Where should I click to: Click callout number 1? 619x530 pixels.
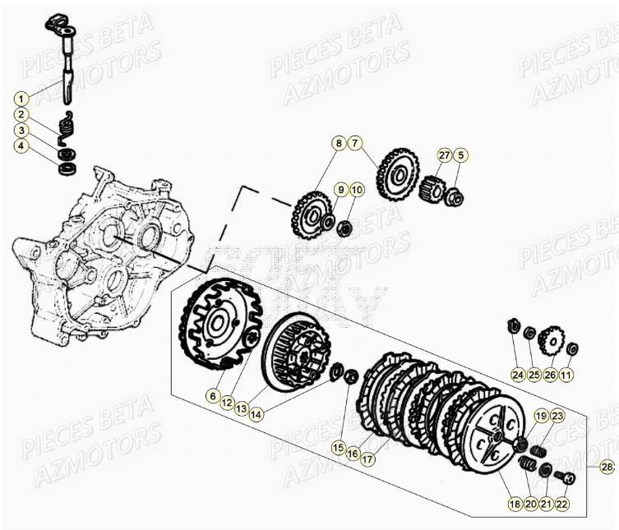tap(21, 97)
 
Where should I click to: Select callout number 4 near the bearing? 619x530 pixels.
tap(21, 146)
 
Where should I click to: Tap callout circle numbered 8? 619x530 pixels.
tap(337, 143)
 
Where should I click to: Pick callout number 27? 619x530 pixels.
tap(445, 154)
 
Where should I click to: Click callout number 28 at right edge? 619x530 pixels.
tap(607, 467)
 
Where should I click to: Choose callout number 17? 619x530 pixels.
tap(367, 460)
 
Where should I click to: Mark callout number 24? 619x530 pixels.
tap(517, 375)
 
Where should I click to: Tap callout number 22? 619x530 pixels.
tap(562, 504)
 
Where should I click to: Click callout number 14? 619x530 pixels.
tap(257, 415)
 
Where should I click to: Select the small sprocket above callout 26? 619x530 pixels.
tap(552, 339)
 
